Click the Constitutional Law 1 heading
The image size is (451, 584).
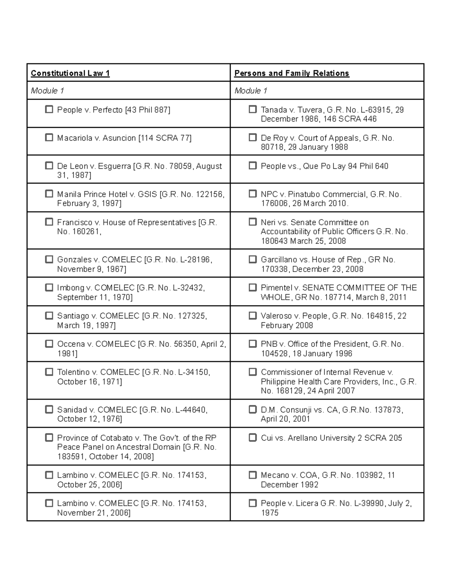pyautogui.click(x=70, y=73)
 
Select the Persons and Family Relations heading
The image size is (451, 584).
pyautogui.click(x=292, y=73)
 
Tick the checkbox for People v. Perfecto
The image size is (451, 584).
pyautogui.click(x=49, y=109)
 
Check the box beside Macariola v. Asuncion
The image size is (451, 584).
pyautogui.click(x=49, y=138)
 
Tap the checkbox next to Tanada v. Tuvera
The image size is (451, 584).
pyautogui.click(x=253, y=109)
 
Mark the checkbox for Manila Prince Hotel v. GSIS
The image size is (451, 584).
pyautogui.click(x=49, y=194)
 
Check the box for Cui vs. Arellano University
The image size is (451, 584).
pyautogui.click(x=253, y=437)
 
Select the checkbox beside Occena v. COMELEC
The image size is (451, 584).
pyautogui.click(x=49, y=344)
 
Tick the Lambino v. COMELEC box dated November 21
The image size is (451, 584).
pyautogui.click(x=49, y=503)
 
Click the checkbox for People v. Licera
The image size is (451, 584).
pyautogui.click(x=253, y=503)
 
